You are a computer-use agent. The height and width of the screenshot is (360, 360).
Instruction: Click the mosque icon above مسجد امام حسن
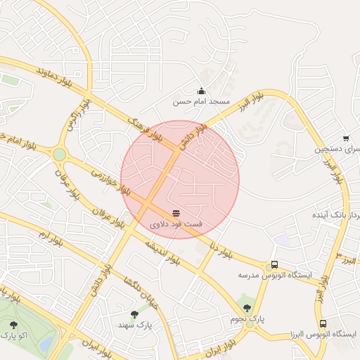tap(202, 90)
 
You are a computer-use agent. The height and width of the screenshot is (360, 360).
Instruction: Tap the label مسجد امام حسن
tap(202, 102)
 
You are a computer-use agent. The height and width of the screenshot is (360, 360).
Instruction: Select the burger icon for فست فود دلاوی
tap(176, 212)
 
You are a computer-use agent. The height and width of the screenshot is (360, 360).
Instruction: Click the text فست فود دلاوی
tap(176, 224)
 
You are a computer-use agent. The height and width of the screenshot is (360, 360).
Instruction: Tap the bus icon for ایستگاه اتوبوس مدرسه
tap(274, 264)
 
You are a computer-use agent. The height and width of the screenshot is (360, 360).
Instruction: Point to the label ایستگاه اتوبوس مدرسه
tap(274, 276)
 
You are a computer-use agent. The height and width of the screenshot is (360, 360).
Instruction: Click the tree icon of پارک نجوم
tap(247, 307)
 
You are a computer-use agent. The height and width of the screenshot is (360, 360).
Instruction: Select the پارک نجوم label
tap(247, 319)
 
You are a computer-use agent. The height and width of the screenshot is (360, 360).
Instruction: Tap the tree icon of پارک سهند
tap(134, 314)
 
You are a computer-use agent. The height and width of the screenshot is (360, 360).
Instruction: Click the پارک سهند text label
tap(134, 326)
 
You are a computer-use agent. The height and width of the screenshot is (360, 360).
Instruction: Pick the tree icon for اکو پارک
tap(14, 325)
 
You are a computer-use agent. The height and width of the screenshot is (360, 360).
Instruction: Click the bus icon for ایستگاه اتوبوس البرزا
tap(323, 324)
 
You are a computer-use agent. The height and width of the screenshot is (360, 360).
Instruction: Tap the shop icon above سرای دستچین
tap(345, 139)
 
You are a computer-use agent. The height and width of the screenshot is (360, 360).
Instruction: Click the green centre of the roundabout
tap(60, 154)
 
